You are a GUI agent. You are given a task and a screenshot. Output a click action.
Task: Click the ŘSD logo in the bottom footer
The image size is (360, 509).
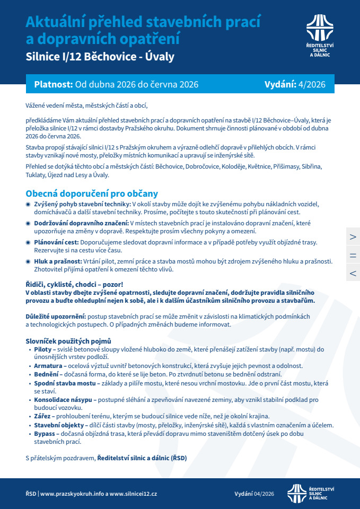310,493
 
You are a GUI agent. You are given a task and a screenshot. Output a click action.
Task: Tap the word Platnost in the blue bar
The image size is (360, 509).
53,84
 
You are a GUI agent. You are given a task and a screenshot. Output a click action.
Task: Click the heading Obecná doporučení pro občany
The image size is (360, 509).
92,194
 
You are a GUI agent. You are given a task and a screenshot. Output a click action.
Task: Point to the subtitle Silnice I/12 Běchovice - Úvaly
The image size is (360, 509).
100,56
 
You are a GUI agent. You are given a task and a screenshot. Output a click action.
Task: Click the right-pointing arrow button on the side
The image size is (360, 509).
353,236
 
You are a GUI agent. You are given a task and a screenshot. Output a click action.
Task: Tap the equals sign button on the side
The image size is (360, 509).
353,254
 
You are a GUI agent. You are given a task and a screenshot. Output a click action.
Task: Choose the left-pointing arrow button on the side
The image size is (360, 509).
353,273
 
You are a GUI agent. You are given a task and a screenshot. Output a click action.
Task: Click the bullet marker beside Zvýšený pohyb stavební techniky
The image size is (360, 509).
29,204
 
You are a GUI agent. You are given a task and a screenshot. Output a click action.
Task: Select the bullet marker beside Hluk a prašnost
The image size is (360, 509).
29,261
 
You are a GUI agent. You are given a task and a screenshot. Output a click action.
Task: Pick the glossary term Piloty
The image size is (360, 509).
43,349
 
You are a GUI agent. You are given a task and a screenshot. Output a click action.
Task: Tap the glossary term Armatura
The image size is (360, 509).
48,366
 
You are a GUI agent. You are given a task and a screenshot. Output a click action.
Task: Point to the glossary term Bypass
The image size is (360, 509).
44,433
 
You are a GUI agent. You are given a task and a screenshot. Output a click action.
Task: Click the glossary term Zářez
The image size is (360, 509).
42,416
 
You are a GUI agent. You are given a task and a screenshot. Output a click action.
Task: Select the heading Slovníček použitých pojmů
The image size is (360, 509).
68,341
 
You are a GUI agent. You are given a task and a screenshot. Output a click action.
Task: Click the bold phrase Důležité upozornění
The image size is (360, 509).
56,317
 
